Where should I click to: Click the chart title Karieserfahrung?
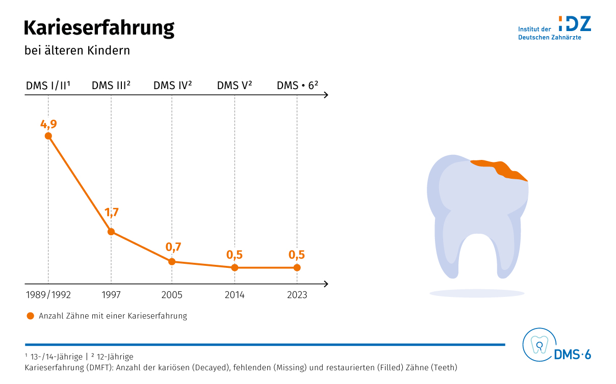point(99,28)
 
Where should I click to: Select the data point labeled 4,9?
point(48,136)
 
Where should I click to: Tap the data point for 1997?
point(111,232)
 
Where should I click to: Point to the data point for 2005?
point(172,262)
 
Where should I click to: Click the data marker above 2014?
point(235,267)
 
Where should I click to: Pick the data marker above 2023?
point(297,267)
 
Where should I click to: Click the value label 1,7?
point(111,212)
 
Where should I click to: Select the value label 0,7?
point(173,248)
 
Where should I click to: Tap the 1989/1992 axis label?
point(48,295)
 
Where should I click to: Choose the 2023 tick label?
point(297,295)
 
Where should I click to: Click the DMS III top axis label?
point(111,86)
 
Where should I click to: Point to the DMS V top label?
point(235,86)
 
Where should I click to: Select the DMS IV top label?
point(172,86)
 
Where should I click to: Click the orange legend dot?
point(30,316)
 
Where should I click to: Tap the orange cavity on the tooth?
point(500,169)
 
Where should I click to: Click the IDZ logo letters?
point(575,24)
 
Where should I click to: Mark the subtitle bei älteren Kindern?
point(77,51)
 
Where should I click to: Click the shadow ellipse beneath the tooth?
point(477,293)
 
